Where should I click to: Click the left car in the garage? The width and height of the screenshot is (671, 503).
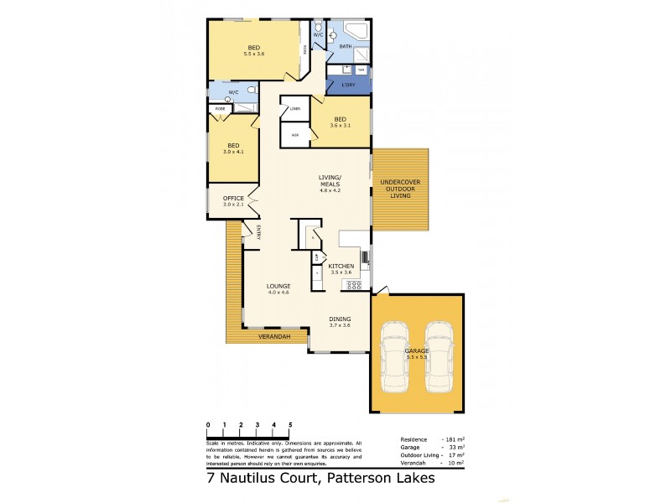pos(394,356)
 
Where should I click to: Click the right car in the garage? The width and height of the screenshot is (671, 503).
pos(438,356)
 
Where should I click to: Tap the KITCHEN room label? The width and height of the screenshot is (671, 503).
pos(341,266)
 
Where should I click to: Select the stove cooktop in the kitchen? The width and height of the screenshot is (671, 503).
pos(354,285)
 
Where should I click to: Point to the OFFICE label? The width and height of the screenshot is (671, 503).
pos(233,198)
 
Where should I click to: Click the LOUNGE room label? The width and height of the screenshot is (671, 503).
pos(278,286)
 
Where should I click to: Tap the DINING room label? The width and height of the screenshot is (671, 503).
pos(340,319)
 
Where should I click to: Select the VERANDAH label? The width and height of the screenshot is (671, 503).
pos(274,336)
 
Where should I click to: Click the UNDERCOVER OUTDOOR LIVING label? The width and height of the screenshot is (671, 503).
pos(400,189)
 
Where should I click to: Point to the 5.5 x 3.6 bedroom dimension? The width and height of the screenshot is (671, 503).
pos(254,54)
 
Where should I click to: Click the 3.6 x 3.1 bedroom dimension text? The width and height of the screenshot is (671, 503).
pos(340,126)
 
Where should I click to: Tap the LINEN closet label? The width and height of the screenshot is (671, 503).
pos(294,109)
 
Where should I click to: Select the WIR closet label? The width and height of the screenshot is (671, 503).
pos(294,134)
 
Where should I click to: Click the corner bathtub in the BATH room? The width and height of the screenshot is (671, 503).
pos(356,32)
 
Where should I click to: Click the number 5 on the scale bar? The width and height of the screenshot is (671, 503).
pos(290,425)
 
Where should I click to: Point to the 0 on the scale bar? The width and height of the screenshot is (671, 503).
pos(208,425)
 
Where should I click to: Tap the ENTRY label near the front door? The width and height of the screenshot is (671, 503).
pos(259,232)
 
